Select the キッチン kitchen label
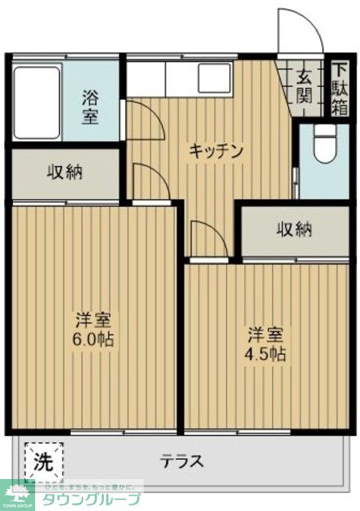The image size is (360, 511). pyautogui.click(x=215, y=150)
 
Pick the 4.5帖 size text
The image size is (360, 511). pyautogui.click(x=267, y=353)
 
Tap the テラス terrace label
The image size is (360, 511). pyautogui.click(x=183, y=461)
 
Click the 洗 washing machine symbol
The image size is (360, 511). pyautogui.click(x=45, y=461)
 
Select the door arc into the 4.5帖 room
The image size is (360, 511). pyautogui.click(x=209, y=239)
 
